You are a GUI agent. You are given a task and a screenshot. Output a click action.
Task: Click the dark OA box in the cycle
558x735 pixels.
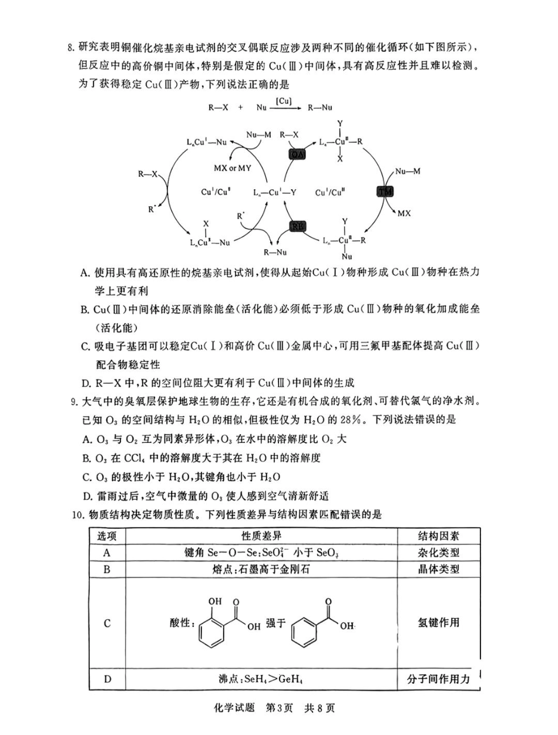[297, 155]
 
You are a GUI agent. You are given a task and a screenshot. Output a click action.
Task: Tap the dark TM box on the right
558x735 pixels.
[385, 192]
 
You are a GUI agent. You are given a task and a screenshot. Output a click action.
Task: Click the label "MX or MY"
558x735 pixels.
[231, 168]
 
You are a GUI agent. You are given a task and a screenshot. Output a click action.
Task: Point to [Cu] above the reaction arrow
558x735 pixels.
[284, 101]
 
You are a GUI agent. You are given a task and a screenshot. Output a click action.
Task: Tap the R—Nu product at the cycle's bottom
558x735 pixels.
[275, 252]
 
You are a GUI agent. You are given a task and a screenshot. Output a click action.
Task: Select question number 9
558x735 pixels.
[74, 402]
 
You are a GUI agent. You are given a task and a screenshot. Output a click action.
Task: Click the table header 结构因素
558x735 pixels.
[438, 536]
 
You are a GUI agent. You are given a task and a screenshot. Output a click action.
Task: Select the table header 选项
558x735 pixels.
[107, 536]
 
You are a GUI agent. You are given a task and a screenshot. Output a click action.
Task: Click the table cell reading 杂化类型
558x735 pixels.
[438, 552]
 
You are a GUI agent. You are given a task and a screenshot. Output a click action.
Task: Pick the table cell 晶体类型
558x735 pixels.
[438, 569]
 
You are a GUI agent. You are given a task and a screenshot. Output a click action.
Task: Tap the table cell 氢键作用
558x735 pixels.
[438, 623]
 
